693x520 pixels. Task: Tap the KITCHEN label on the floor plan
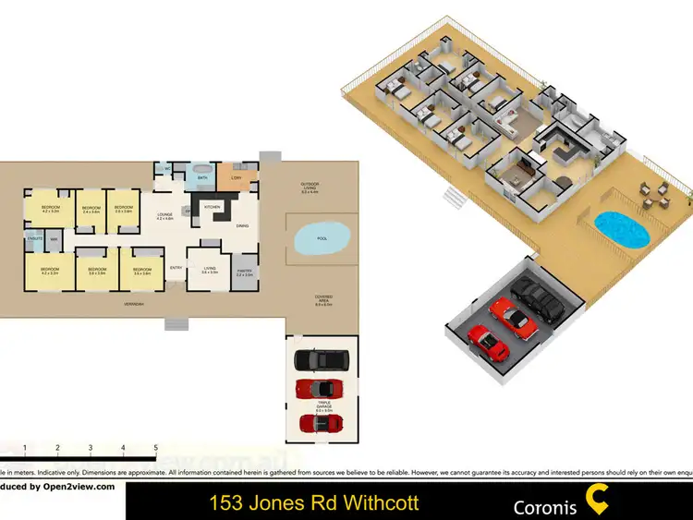coord(212,208)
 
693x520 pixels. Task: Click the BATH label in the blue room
coord(202,177)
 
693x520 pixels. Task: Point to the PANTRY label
coord(244,272)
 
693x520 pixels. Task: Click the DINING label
coord(242,225)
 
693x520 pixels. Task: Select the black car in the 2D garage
coord(318,359)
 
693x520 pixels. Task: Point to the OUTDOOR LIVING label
coord(308,187)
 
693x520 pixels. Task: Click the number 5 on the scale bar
coord(156,448)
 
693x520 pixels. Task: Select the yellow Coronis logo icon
coord(597,502)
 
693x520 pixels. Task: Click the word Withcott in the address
coord(377,503)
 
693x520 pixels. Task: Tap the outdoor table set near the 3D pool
coord(657,193)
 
